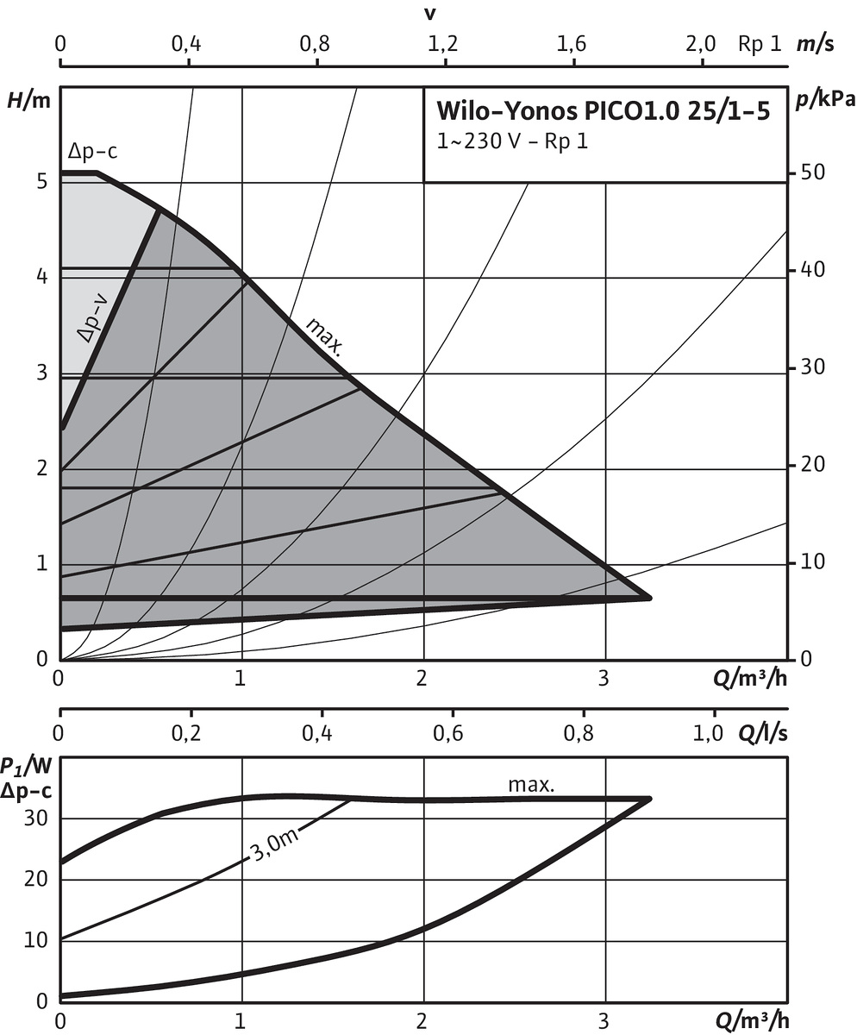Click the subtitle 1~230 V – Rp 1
point(512,141)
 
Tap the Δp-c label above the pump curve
point(92,153)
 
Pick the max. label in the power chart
point(531,785)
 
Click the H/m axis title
point(28,99)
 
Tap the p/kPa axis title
point(825,99)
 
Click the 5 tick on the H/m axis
point(41,182)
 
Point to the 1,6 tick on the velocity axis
point(572,44)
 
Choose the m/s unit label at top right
point(815,44)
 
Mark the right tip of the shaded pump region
point(649,597)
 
